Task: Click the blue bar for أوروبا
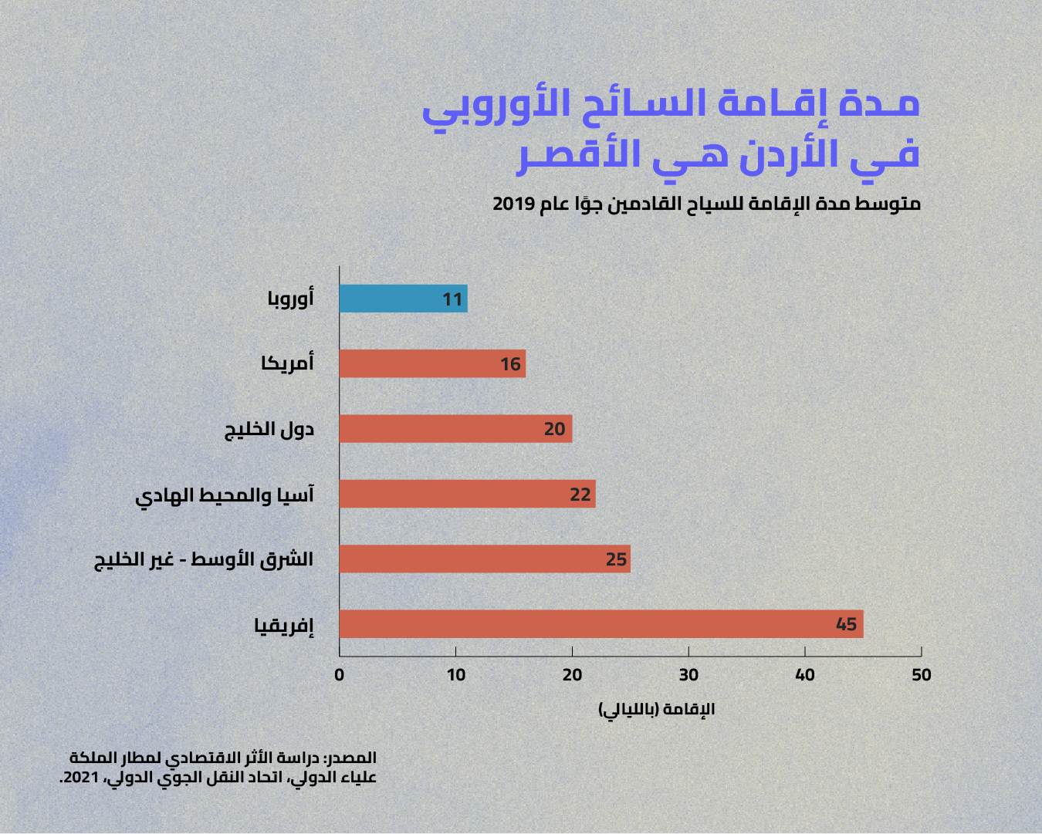[x=404, y=299]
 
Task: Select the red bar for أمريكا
[x=432, y=363]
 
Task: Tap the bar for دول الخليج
[x=455, y=429]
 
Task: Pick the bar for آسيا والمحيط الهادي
[x=467, y=494]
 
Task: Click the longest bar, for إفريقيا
[x=601, y=624]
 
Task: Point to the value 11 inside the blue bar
[x=452, y=299]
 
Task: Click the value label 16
[x=510, y=364]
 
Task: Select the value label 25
[x=616, y=559]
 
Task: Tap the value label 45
[x=847, y=624]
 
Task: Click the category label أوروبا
[x=290, y=298]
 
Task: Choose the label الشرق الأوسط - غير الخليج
[x=204, y=559]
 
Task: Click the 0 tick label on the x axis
[x=339, y=675]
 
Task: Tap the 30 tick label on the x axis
[x=688, y=675]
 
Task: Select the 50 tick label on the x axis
[x=922, y=675]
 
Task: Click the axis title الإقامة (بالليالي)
[x=657, y=710]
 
